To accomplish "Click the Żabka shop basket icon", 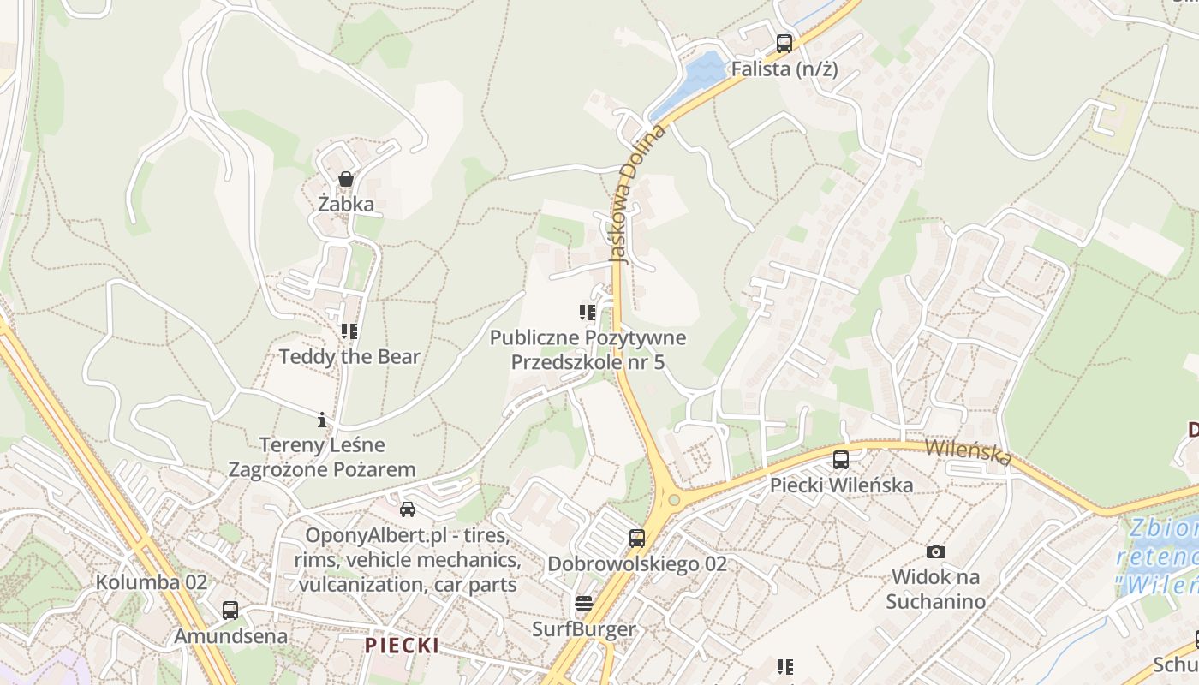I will pyautogui.click(x=346, y=179).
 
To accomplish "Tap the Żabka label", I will pyautogui.click(x=346, y=204).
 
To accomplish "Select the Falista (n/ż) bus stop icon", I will pyautogui.click(x=784, y=43).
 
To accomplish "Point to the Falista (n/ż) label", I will pyautogui.click(x=784, y=69).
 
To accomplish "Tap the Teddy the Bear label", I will pyautogui.click(x=349, y=356).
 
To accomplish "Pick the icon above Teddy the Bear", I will pyautogui.click(x=349, y=331).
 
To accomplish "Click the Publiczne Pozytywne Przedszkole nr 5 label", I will pyautogui.click(x=588, y=349).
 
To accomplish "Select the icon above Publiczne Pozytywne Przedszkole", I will pyautogui.click(x=587, y=312).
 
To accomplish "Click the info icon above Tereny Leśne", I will pyautogui.click(x=322, y=420).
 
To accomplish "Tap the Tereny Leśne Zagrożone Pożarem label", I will pyautogui.click(x=322, y=457).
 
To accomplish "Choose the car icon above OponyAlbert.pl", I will pyautogui.click(x=408, y=509).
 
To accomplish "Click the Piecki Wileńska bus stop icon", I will pyautogui.click(x=841, y=460).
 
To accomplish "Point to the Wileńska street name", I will pyautogui.click(x=968, y=452).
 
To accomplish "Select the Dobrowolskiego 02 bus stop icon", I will pyautogui.click(x=636, y=539).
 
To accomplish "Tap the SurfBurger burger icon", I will pyautogui.click(x=584, y=604).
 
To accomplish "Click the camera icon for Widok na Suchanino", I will pyautogui.click(x=936, y=552).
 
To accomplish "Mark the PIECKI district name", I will pyautogui.click(x=402, y=646).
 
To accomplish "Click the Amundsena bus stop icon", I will pyautogui.click(x=230, y=611).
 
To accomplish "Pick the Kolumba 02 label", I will pyautogui.click(x=152, y=582).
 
